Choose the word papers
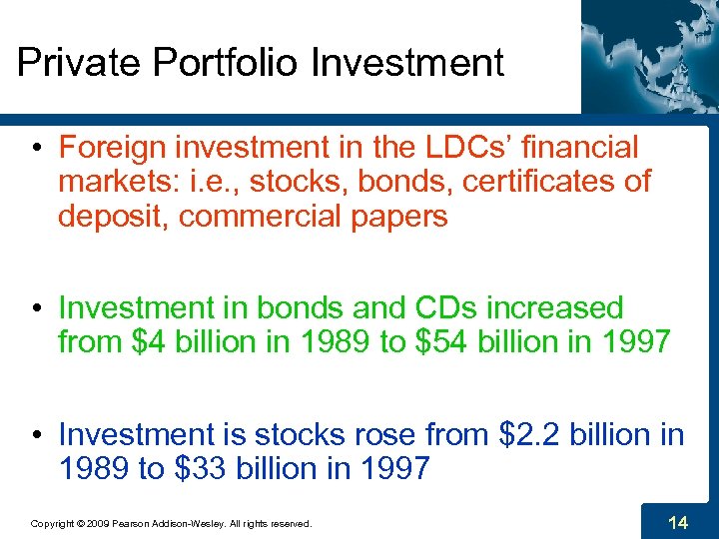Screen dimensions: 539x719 [398, 216]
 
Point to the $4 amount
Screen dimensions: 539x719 [149, 341]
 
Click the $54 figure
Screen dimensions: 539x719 [435, 341]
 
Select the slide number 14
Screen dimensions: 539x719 [678, 521]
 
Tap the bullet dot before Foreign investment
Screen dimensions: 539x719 [35, 149]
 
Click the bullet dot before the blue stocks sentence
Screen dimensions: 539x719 [35, 435]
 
